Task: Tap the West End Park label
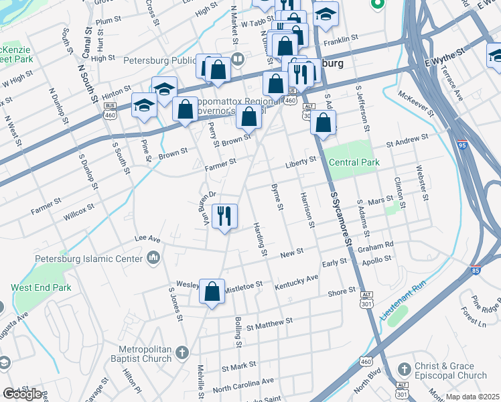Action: [41, 287]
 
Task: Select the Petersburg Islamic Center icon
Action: [153, 258]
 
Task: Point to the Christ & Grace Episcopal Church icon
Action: [403, 370]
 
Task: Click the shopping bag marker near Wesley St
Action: [212, 291]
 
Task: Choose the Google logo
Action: [22, 394]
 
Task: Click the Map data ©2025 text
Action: [472, 397]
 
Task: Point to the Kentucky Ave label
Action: [296, 282]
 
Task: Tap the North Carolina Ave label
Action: [243, 384]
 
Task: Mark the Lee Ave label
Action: [148, 239]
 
